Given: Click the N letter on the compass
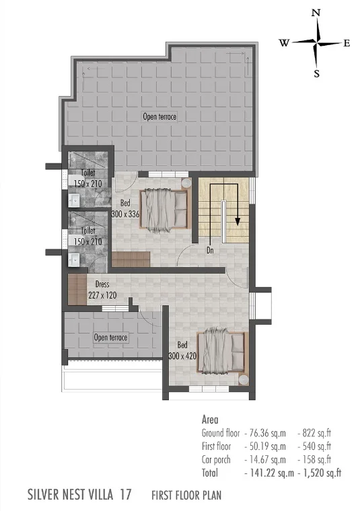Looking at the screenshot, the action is coord(316,13).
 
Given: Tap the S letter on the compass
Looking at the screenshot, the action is coord(317,74).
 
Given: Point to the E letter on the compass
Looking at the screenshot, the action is coord(347,43).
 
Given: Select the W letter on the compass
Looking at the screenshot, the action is coord(284,42).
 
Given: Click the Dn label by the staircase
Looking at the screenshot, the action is coord(210,250).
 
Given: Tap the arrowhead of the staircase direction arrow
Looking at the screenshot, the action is coord(238,221).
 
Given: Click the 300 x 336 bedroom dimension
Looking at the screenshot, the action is coord(125,214).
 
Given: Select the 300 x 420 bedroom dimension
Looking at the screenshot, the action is coord(182,356).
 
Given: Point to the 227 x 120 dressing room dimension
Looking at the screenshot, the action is coord(102,295).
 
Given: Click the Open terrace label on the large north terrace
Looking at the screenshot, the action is coord(159,116).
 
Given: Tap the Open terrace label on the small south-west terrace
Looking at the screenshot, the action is coord(110,338).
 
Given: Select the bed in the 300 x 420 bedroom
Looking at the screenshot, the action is coord(223,351).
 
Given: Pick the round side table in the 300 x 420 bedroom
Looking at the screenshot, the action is coord(244,380).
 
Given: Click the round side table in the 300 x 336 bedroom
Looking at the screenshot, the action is coord(186,183).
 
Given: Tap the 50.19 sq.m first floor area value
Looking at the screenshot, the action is coord(267,446).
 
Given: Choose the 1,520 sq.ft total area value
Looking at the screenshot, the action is coord(322,473).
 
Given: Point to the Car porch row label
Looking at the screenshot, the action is coord(216,460).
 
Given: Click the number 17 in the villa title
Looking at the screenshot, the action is coord(126,494).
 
